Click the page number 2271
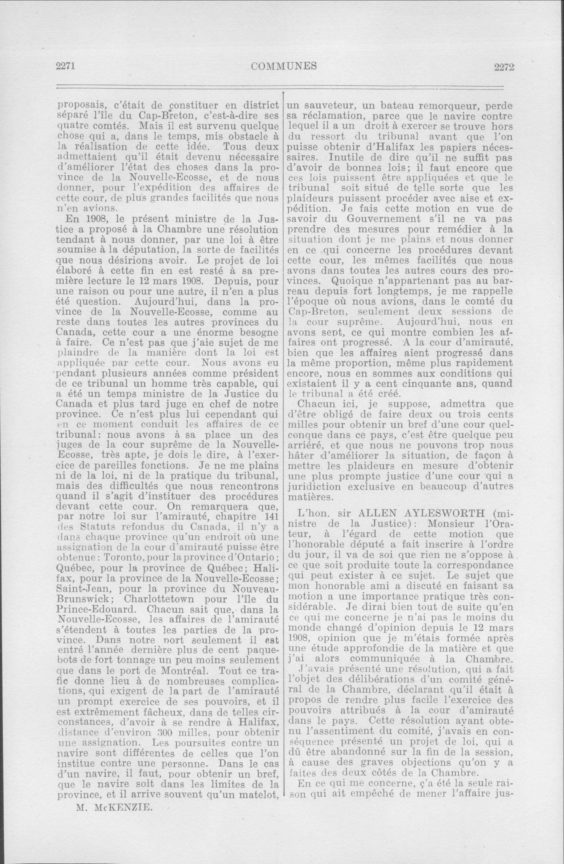coord(65,67)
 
